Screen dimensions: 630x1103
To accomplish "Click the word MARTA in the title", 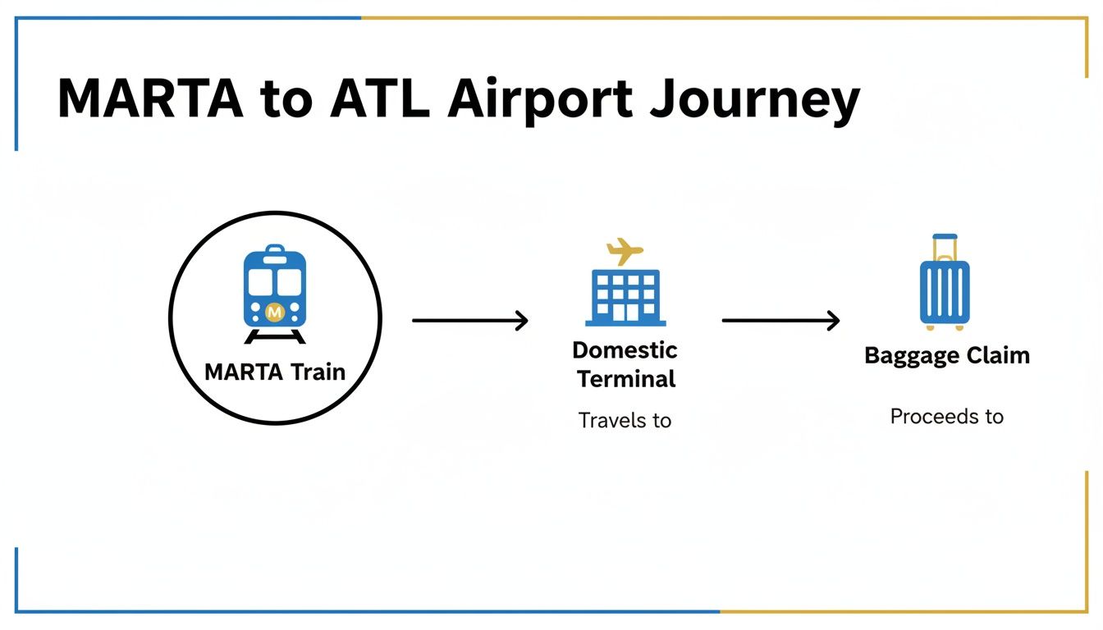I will pos(150,99).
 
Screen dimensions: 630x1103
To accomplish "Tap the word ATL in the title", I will pos(381,99).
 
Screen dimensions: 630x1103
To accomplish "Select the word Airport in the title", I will pos(545,99).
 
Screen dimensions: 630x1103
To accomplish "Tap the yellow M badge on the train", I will pos(275,312).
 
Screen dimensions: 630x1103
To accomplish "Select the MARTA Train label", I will pos(275,372).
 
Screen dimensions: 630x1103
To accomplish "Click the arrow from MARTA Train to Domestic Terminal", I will pos(469,321).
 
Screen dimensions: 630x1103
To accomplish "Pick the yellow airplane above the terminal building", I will pos(625,250).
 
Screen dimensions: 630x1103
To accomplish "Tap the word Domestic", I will pos(625,350).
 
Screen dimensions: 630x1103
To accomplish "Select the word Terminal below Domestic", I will pos(626,379).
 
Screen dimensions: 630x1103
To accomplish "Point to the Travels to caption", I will pos(625,421).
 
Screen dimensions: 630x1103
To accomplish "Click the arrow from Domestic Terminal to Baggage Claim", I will pos(780,321).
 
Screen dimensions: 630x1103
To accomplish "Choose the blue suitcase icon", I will pos(944,291).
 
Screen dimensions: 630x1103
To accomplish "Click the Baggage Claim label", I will pos(947,356).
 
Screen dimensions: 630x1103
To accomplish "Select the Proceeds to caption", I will pos(946,417).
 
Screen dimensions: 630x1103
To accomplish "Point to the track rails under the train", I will pos(275,336).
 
